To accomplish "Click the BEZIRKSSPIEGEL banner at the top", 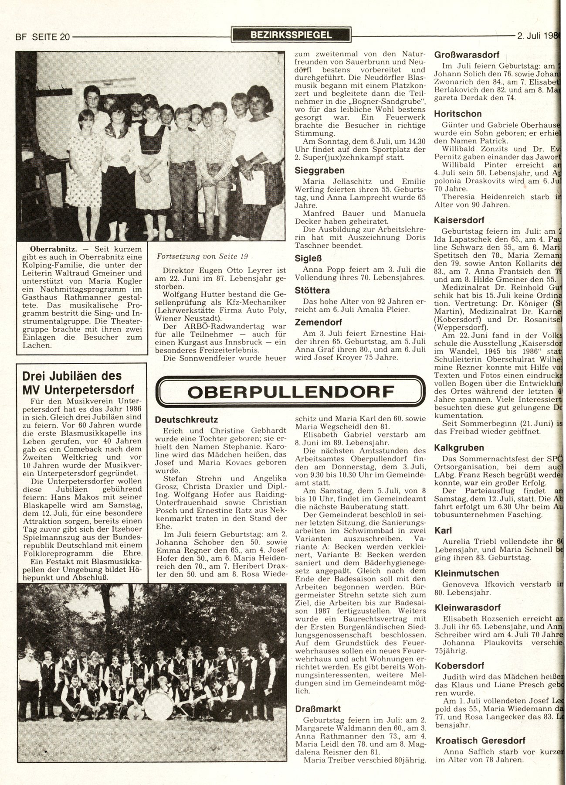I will click(291, 35).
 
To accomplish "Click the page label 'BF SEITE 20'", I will click(43, 37).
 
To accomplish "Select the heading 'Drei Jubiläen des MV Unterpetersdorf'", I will click(72, 382).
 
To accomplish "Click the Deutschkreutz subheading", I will click(186, 420).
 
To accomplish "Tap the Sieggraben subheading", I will click(319, 170).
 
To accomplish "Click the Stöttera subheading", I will click(312, 290).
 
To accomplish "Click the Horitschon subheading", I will click(458, 114).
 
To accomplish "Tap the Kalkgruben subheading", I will click(459, 447).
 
